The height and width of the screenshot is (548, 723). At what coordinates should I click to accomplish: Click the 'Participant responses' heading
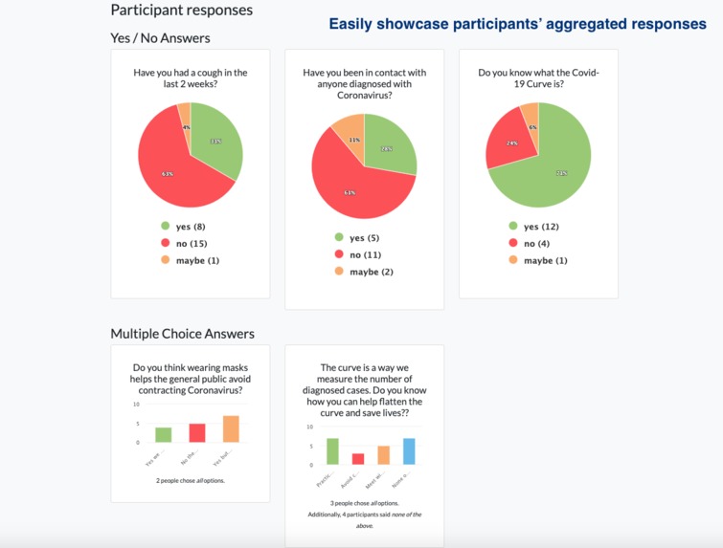(x=182, y=11)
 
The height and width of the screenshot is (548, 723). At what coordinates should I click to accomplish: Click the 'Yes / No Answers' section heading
(x=160, y=38)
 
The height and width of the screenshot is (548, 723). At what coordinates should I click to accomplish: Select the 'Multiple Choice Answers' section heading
(x=182, y=334)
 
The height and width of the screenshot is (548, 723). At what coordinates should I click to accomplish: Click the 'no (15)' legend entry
(x=190, y=244)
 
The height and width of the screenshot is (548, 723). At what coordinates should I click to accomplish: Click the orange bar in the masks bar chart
(x=231, y=428)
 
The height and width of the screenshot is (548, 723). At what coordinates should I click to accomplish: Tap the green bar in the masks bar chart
(x=164, y=434)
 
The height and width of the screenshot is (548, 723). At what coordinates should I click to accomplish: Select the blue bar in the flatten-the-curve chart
(x=410, y=450)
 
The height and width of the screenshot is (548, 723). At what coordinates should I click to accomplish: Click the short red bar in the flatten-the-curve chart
(x=358, y=458)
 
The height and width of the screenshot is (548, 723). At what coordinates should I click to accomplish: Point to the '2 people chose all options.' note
(x=191, y=480)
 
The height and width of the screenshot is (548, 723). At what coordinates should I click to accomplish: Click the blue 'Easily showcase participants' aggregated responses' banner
(x=517, y=24)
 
